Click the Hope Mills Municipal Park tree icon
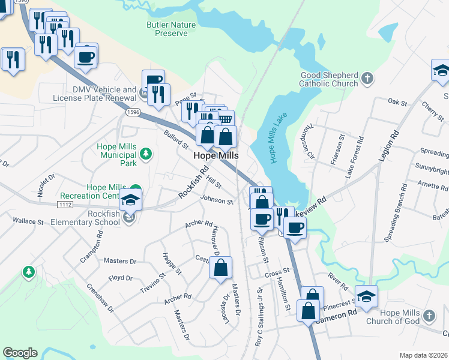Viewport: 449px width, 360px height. coord(145,155)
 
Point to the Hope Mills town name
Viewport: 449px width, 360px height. coord(216,155)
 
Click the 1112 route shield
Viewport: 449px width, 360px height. coord(66,205)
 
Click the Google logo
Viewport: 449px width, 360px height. coord(20,353)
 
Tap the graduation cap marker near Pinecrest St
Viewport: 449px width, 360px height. coord(366,296)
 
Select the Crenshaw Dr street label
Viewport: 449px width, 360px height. coord(100,297)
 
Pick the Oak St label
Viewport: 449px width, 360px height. coord(394,101)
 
